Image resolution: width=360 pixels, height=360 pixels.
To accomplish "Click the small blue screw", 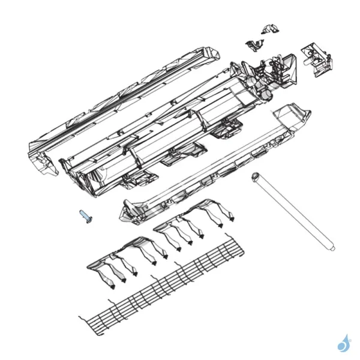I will coord(84,217).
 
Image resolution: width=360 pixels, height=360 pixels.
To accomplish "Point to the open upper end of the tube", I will coord(256,176).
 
